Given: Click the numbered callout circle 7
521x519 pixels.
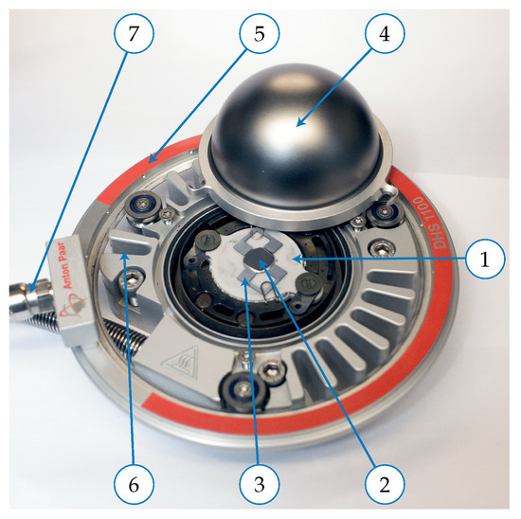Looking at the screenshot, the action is (x=134, y=33).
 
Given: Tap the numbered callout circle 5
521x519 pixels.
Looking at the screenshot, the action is (x=260, y=33).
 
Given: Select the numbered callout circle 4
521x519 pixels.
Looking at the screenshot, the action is (x=385, y=33).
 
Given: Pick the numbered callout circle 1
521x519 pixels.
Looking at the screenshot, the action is (x=485, y=259).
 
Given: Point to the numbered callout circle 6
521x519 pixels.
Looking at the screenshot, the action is (x=134, y=485).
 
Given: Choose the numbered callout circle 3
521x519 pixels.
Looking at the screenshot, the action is (x=260, y=485).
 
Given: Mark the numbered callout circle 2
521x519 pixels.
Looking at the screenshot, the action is (x=385, y=485).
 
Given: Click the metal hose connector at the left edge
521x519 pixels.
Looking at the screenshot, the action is (x=31, y=299).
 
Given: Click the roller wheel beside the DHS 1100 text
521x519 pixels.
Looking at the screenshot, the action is (x=385, y=211).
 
